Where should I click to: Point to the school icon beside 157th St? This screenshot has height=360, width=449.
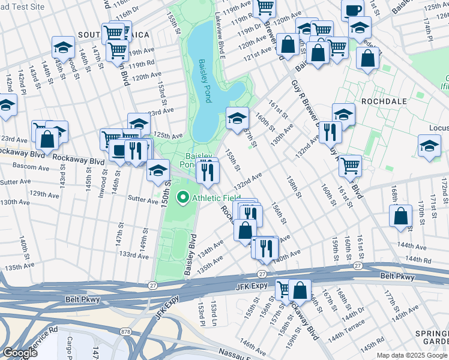(x=237, y=118)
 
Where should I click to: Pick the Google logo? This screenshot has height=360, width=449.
(x=19, y=353)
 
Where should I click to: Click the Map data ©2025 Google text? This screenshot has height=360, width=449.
(x=412, y=355)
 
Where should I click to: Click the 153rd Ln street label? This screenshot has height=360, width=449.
(x=214, y=314)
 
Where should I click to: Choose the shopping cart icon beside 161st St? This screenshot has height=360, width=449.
(x=350, y=164)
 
